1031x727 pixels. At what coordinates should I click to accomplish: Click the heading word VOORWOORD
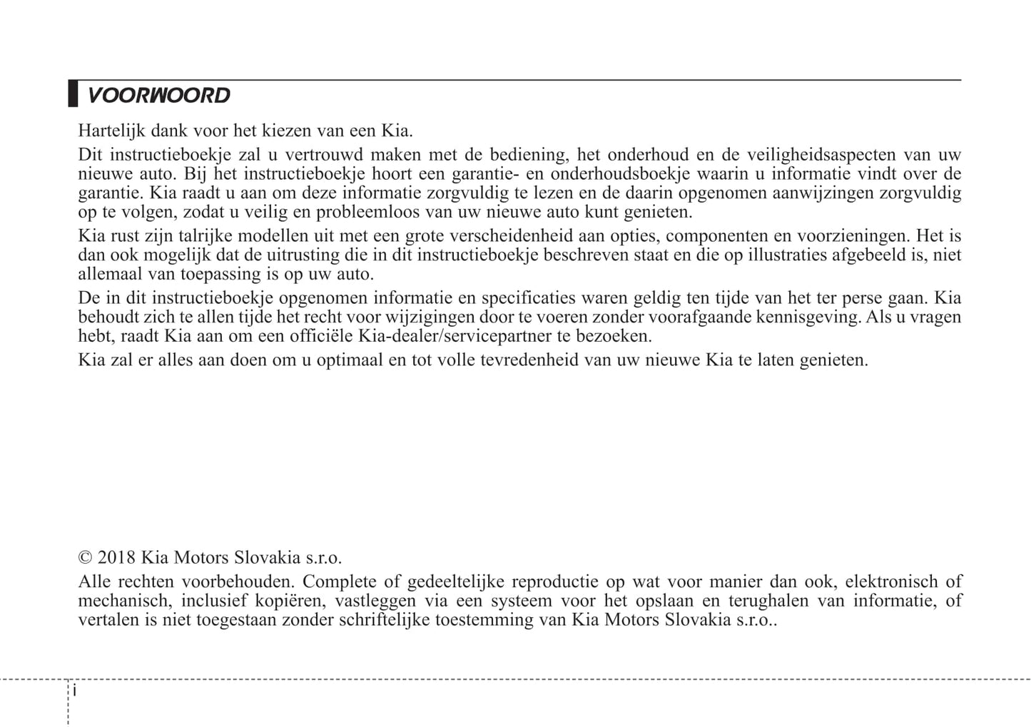(158, 96)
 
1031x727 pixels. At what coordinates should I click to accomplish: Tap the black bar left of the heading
(73, 94)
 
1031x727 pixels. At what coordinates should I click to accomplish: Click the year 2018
(116, 558)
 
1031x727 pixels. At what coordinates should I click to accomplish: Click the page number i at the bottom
(74, 691)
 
